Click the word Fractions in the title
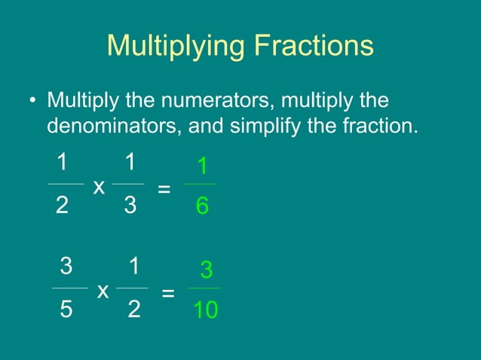313,45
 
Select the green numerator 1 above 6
201,166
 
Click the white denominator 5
66,309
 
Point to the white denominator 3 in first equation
130,206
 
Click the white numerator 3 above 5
66,266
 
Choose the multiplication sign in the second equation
103,290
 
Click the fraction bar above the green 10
204,288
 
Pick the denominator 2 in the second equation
133,309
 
